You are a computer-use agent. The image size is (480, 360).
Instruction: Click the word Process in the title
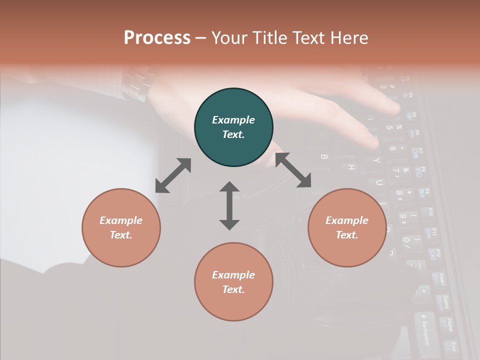157,38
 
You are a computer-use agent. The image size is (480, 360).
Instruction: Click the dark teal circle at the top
233,127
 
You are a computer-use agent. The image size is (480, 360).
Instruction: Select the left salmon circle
121,227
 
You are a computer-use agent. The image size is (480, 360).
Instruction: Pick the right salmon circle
347,227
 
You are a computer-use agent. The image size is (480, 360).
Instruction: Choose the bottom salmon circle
233,282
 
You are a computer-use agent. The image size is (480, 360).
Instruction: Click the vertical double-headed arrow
229,205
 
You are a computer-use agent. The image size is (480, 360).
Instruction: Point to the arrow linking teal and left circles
173,175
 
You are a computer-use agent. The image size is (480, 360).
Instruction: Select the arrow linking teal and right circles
293,170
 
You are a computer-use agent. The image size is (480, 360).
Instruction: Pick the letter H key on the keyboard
351,168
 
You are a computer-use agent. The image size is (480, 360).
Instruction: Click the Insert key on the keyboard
440,280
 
